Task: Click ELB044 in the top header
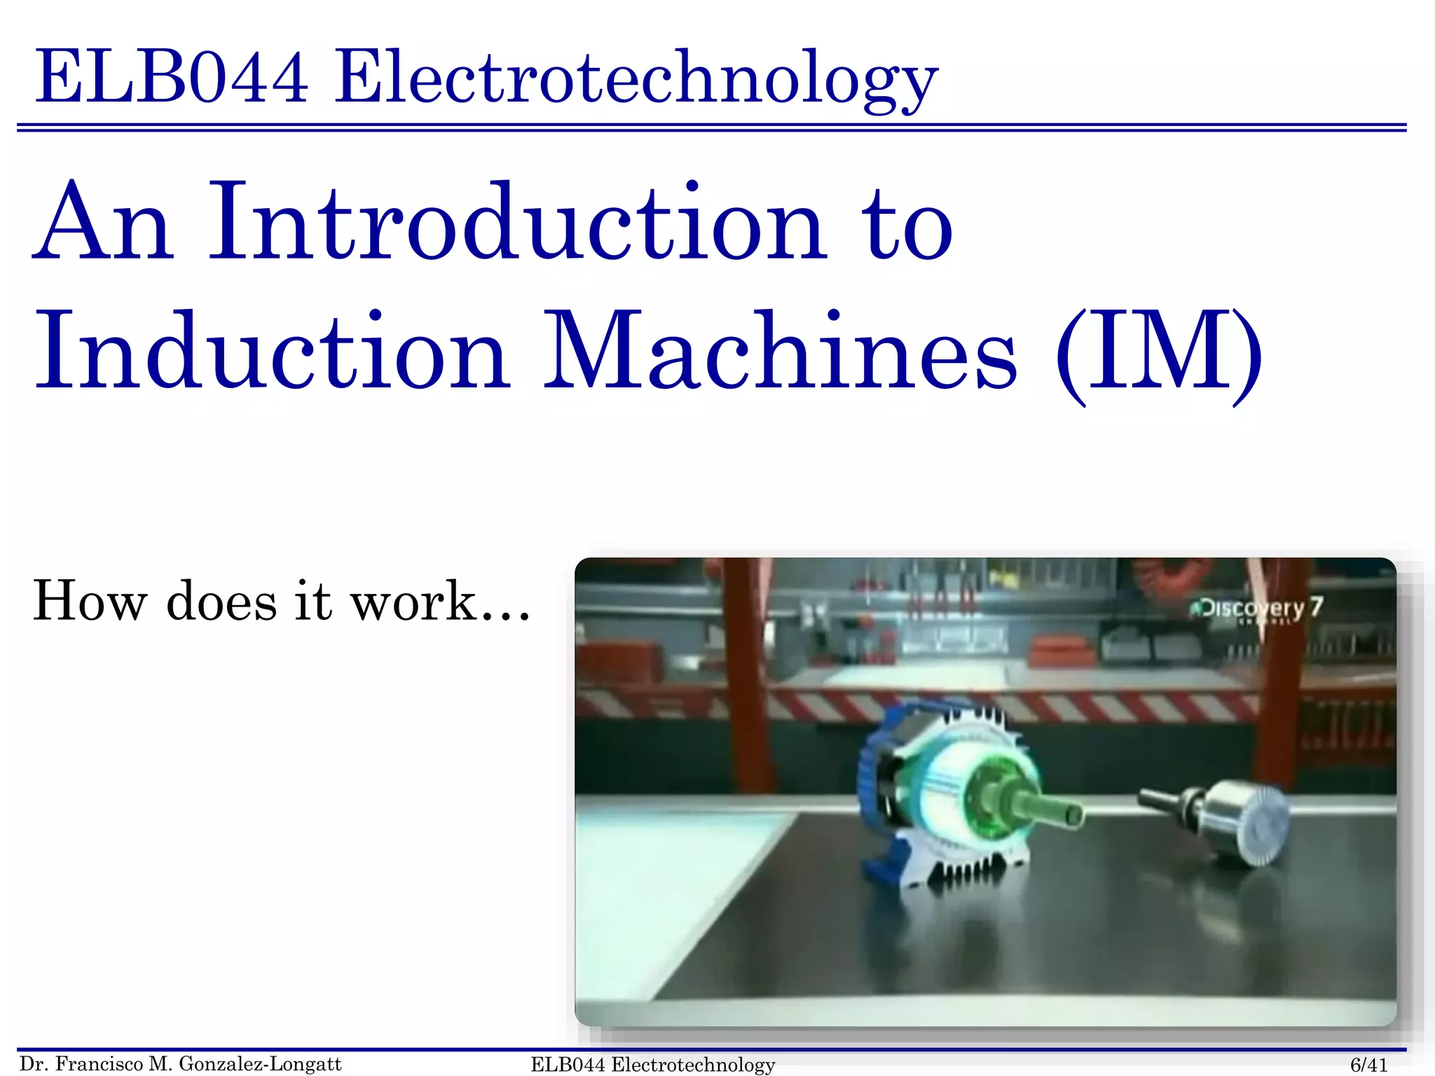coord(172,77)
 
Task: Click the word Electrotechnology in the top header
coord(636,78)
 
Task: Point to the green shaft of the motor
coord(1044,811)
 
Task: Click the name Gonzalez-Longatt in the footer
coord(260,1064)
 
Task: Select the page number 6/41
coord(1368,1065)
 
